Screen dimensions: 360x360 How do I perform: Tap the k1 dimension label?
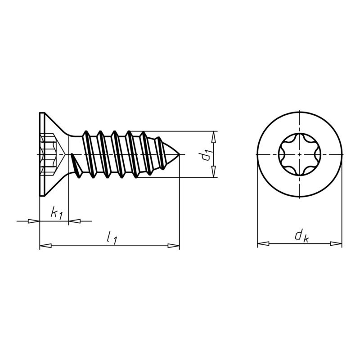56,213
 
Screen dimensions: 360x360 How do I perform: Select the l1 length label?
112,237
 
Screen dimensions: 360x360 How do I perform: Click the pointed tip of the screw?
179,154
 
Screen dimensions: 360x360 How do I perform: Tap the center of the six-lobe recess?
299,154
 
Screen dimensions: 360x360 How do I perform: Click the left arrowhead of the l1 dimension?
45,246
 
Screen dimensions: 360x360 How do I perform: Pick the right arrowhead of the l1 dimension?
174,246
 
